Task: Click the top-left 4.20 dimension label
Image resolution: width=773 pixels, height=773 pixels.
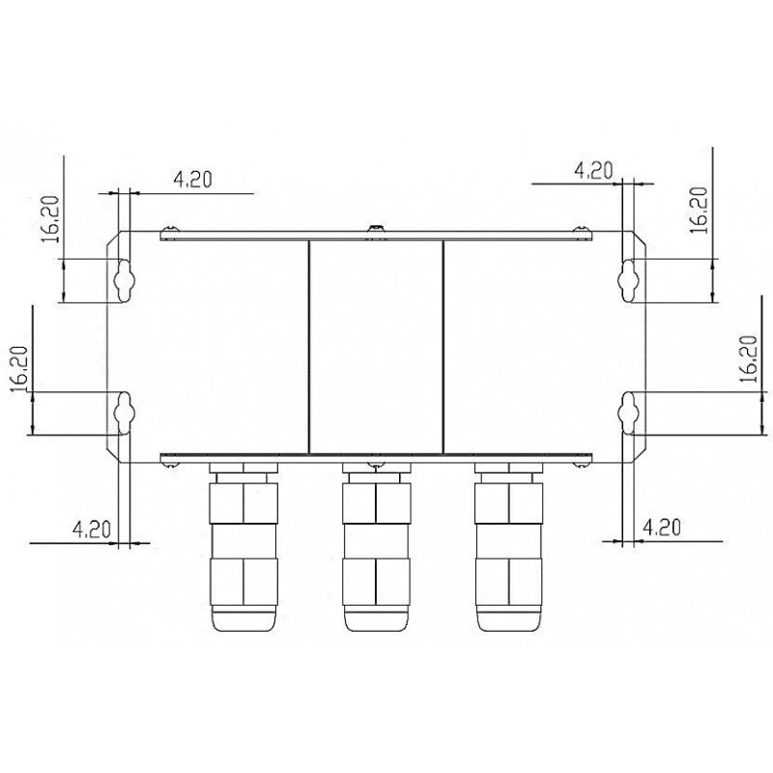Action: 192,179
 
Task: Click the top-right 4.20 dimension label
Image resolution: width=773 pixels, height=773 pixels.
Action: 593,171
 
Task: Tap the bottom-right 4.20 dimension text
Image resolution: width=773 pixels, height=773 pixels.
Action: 663,528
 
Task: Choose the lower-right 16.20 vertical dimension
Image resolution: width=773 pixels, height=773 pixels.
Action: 746,360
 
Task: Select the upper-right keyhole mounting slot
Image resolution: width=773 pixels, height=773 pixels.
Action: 630,278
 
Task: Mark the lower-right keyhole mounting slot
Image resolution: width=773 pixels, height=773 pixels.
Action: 630,410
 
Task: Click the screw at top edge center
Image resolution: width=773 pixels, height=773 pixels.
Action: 375,229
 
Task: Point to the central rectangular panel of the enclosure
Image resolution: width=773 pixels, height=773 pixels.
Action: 375,346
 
